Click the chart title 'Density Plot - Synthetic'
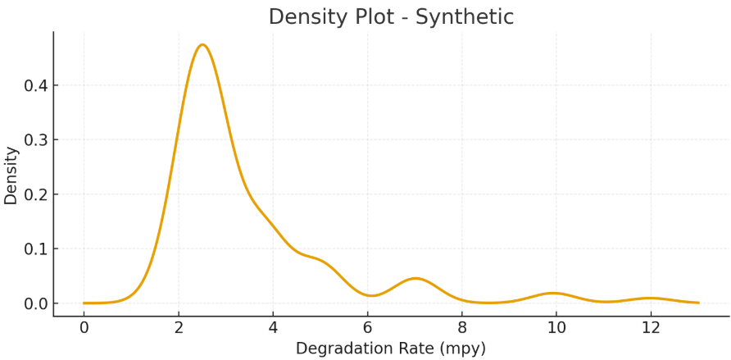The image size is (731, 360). [x=391, y=16]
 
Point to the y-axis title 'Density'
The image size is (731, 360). [x=11, y=175]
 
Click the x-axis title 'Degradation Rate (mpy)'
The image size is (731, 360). [x=391, y=349]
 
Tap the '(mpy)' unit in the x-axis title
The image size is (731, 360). [x=461, y=349]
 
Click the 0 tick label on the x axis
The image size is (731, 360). [x=84, y=327]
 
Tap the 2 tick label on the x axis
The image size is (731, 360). [x=178, y=327]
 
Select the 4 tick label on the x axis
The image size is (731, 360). [x=273, y=327]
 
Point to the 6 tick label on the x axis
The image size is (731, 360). [x=367, y=327]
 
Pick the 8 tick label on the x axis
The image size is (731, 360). [x=462, y=327]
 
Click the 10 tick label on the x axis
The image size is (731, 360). [x=556, y=327]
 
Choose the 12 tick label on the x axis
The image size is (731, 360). [x=651, y=327]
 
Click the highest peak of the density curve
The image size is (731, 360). [x=202, y=44]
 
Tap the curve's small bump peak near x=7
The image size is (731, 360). [x=415, y=278]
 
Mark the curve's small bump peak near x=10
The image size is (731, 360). [x=554, y=293]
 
